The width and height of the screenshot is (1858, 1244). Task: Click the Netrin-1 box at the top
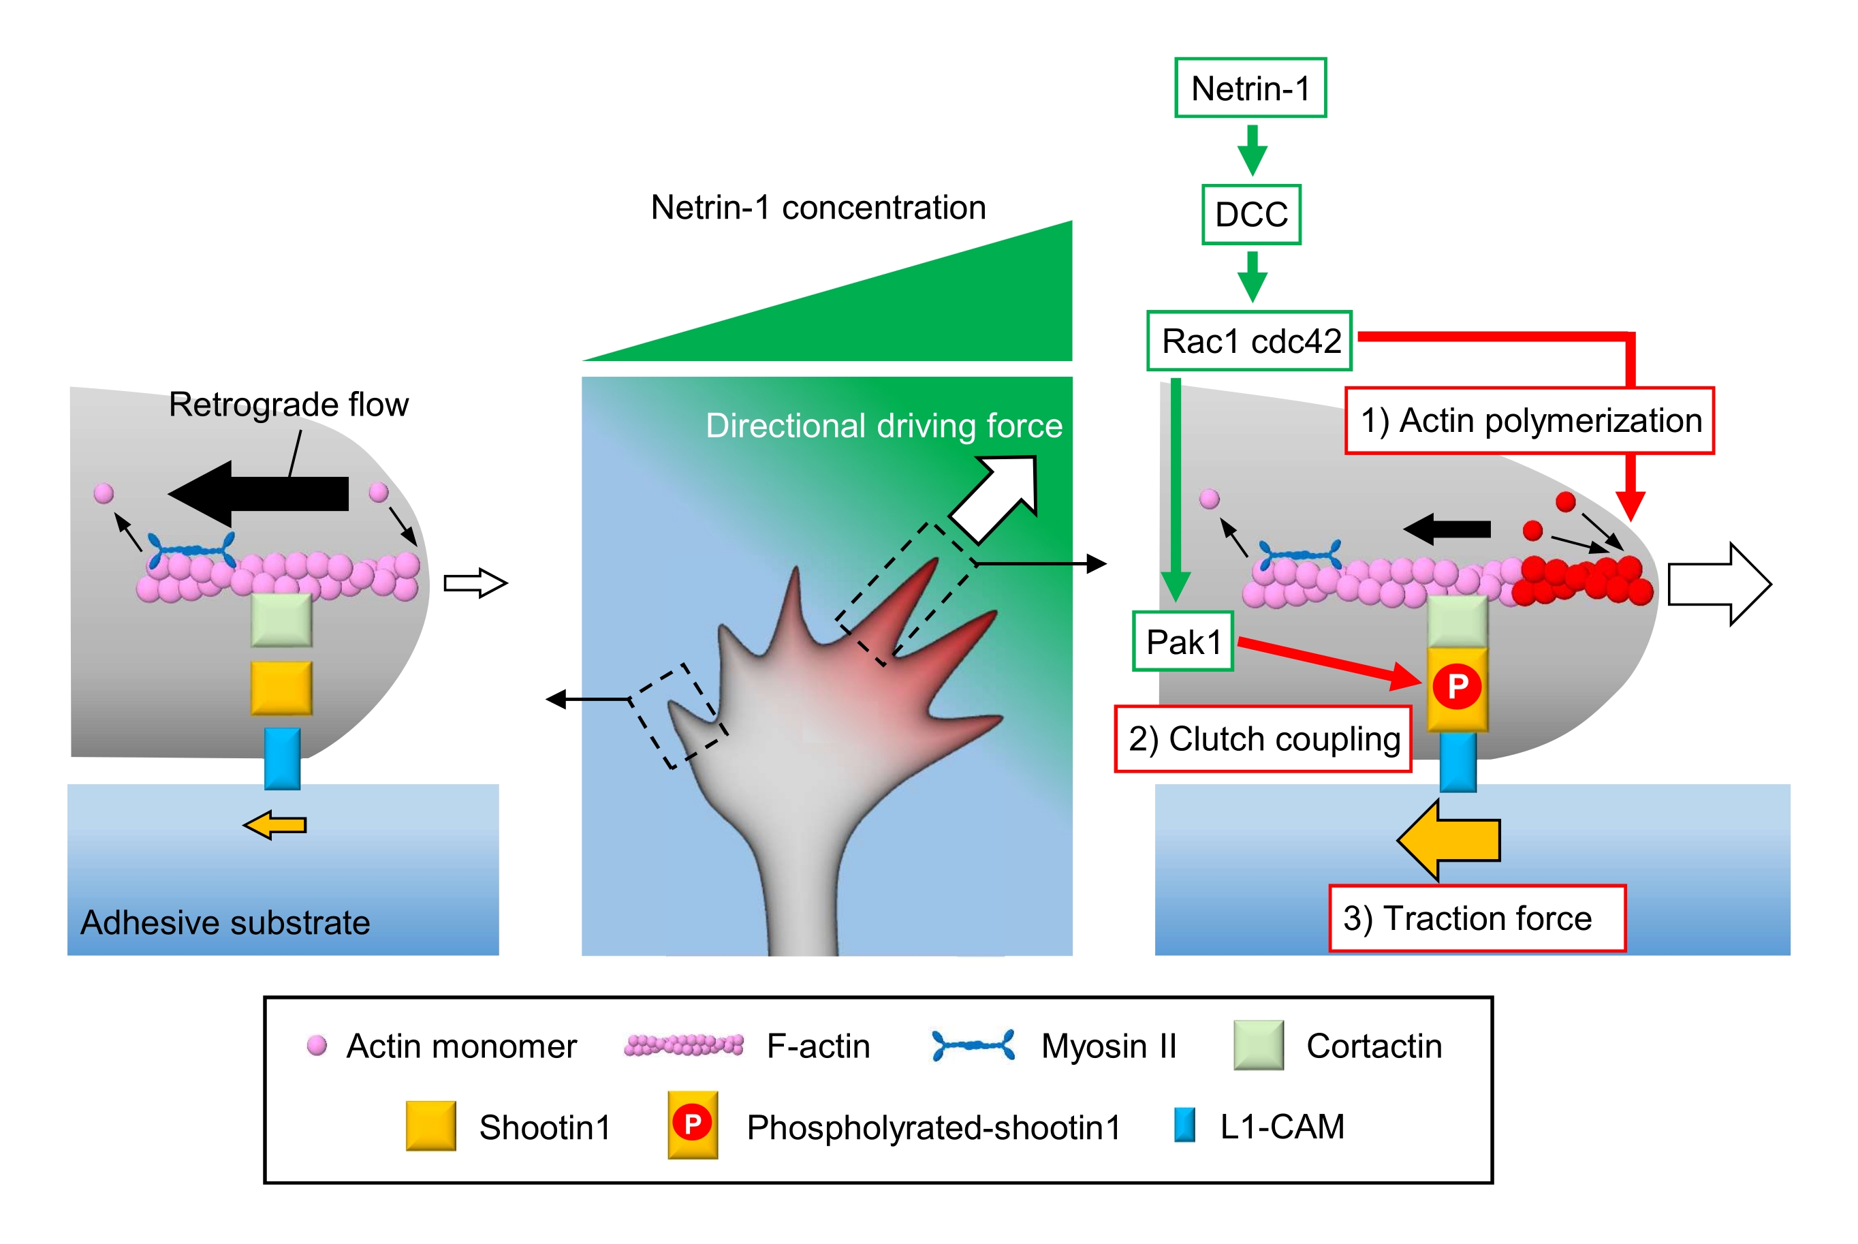coord(1250,88)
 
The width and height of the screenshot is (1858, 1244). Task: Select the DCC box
coord(1250,214)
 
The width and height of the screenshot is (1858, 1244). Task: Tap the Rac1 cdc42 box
coord(1249,341)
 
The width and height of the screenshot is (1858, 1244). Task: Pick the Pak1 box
coord(1182,642)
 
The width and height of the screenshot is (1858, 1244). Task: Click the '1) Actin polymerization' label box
coord(1529,420)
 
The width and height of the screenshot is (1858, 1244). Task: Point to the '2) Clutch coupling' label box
coord(1263,738)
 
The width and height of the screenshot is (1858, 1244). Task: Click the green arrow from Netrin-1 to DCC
coord(1251,150)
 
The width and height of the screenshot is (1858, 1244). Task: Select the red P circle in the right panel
coord(1458,686)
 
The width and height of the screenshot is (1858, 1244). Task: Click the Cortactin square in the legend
coord(1259,1046)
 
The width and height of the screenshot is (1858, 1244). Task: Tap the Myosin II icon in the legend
coord(973,1046)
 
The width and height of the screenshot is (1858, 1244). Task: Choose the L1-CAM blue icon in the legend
coord(1184,1125)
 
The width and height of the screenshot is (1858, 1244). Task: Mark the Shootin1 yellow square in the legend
coord(430,1125)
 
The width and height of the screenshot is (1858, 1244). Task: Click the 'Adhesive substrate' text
coord(225,922)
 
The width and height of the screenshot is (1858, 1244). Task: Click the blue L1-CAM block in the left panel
coord(282,759)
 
